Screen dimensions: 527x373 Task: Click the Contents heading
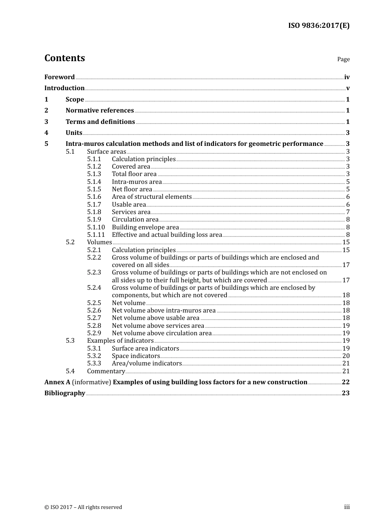64,58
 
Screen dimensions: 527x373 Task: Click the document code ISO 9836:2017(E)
318,25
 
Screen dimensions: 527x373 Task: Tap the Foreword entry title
59,77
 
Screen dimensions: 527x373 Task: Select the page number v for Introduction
347,88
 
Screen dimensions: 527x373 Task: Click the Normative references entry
100,111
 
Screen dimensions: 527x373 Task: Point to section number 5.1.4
94,182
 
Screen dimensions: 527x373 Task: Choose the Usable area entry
129,205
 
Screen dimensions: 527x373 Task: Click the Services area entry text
131,212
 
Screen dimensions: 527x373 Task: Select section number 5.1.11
96,235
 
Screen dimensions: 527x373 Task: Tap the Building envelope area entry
145,227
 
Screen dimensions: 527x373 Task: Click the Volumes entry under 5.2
99,242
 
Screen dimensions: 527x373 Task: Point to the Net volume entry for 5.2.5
128,303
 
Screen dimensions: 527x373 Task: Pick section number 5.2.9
94,333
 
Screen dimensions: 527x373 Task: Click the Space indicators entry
136,356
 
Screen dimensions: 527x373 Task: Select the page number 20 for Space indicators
346,356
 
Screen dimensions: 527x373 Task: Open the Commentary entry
106,371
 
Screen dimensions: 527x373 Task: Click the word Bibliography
65,393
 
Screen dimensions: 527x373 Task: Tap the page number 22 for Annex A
346,382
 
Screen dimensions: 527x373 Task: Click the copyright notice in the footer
83,507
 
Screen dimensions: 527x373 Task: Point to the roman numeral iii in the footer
347,507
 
